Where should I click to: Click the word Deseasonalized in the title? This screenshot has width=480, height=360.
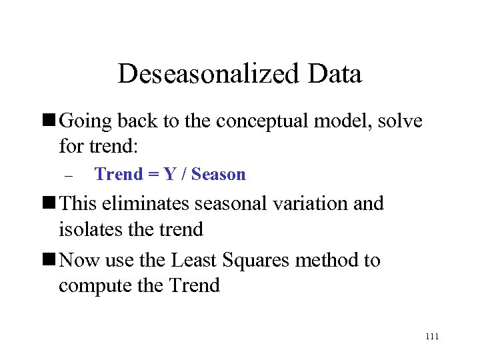click(x=209, y=74)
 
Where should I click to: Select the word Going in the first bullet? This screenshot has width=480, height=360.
click(x=85, y=121)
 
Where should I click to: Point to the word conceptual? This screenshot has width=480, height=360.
click(x=265, y=121)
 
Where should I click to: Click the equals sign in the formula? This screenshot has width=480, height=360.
click(x=153, y=175)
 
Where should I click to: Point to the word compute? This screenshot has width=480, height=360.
click(x=93, y=286)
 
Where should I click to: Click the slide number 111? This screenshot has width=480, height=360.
click(x=431, y=337)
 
